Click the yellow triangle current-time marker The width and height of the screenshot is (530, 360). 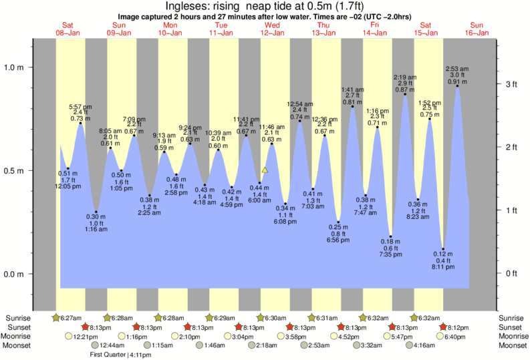pyautogui.click(x=265, y=170)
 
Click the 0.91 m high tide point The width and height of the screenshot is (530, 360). pyautogui.click(x=457, y=85)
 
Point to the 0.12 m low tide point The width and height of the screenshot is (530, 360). pyautogui.click(x=443, y=249)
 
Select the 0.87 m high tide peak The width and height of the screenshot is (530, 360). pyautogui.click(x=405, y=94)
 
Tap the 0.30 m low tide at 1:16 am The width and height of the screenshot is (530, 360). pyautogui.click(x=96, y=212)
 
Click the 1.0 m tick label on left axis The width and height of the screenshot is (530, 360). pyautogui.click(x=14, y=67)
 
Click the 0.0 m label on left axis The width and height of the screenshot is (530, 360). pyautogui.click(x=14, y=275)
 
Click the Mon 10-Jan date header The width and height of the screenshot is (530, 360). pyautogui.click(x=170, y=29)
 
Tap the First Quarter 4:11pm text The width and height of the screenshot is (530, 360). pyautogui.click(x=120, y=355)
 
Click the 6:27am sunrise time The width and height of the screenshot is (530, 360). pyautogui.click(x=70, y=317)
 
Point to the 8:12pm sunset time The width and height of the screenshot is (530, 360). pyautogui.click(x=458, y=327)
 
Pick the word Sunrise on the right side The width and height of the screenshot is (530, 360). pyautogui.click(x=512, y=317)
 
